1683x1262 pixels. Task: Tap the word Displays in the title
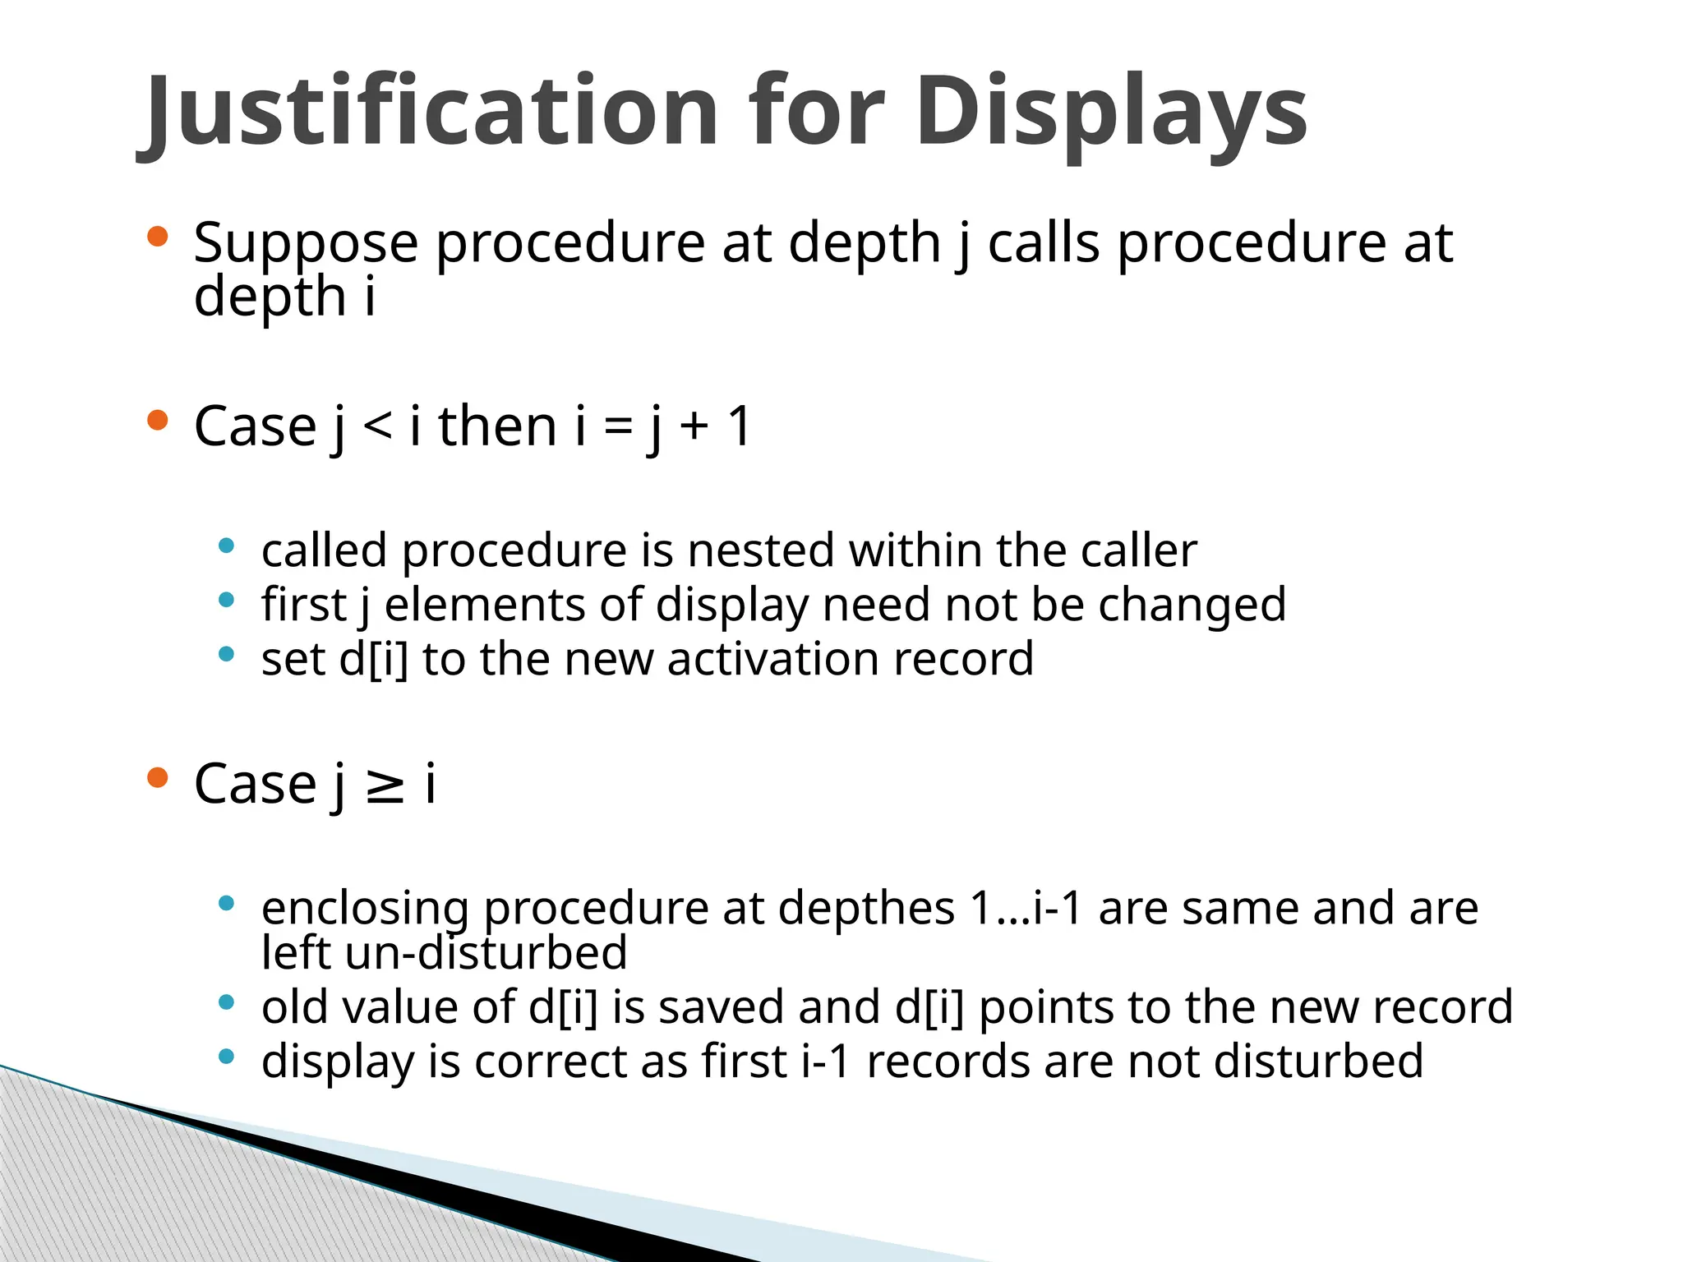pyautogui.click(x=1110, y=111)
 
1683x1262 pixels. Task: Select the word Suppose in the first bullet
pyautogui.click(x=306, y=243)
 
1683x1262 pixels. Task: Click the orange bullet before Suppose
pyautogui.click(x=157, y=238)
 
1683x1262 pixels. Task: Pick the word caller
pyautogui.click(x=1138, y=550)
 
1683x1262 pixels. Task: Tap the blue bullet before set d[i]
pyautogui.click(x=227, y=655)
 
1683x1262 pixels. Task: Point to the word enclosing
pyautogui.click(x=365, y=909)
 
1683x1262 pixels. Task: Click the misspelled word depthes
pyautogui.click(x=866, y=909)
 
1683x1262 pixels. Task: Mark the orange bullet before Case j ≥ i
pyautogui.click(x=157, y=777)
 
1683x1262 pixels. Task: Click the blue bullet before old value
pyautogui.click(x=227, y=1002)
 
